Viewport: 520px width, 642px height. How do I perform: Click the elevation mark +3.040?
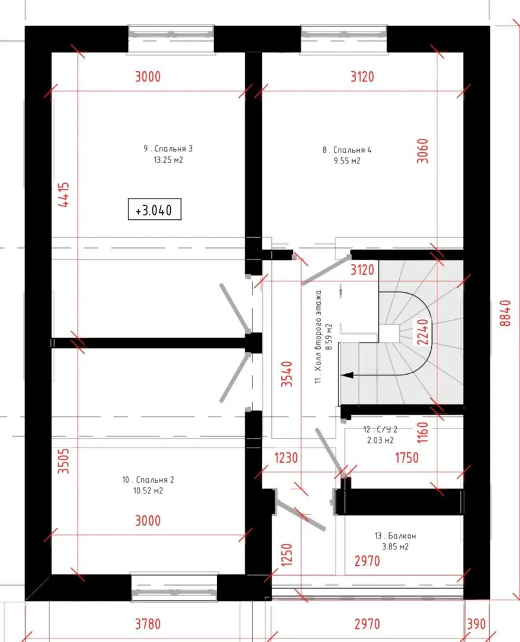[154, 210]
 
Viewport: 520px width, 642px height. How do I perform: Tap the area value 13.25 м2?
[168, 160]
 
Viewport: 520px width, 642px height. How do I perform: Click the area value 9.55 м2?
[347, 161]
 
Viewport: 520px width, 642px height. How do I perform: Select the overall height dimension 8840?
[506, 313]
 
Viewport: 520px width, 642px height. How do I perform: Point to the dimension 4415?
[64, 194]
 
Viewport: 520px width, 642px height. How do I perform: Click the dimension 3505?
[64, 461]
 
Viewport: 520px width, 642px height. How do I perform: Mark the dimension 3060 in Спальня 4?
[422, 151]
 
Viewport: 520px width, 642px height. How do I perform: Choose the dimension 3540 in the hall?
[286, 374]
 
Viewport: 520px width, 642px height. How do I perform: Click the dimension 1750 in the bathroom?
[406, 458]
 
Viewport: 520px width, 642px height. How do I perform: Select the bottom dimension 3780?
[148, 624]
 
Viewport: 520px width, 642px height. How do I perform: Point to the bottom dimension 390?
[476, 624]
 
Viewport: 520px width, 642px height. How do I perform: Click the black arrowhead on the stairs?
[347, 375]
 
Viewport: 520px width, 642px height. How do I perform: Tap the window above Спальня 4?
[344, 39]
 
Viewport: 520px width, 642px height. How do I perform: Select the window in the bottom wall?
[174, 587]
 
